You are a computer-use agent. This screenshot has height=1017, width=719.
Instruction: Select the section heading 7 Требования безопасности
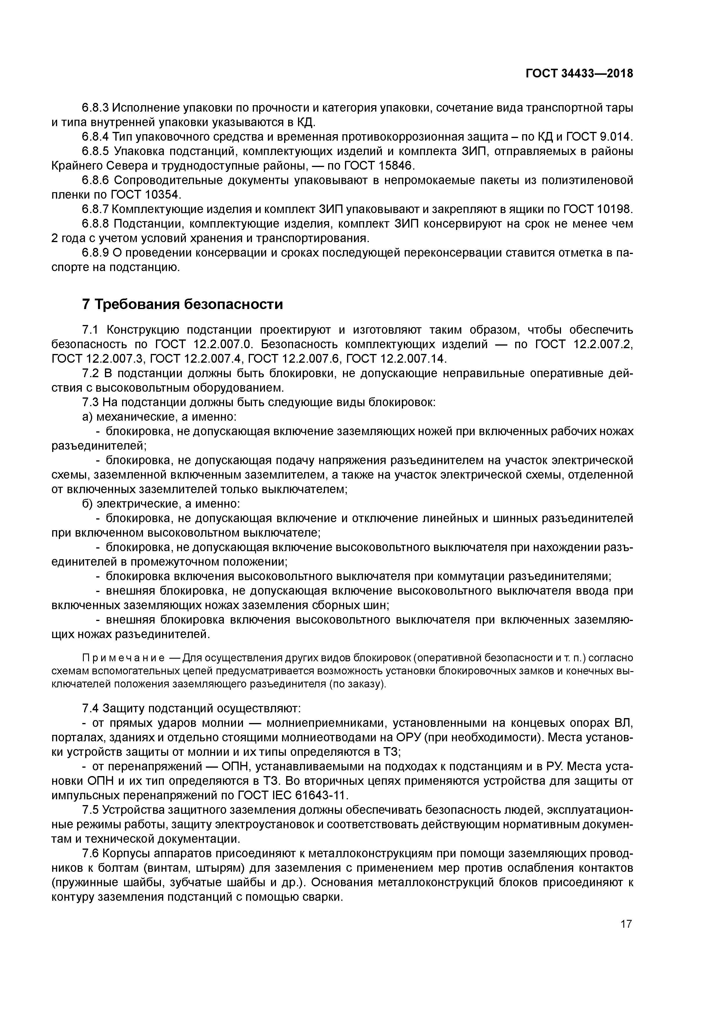coord(182,304)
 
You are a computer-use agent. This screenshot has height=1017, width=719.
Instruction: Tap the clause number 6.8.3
coord(95,108)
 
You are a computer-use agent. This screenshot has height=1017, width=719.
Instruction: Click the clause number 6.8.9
coord(95,253)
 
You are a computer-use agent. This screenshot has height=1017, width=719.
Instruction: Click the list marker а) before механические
coord(88,417)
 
